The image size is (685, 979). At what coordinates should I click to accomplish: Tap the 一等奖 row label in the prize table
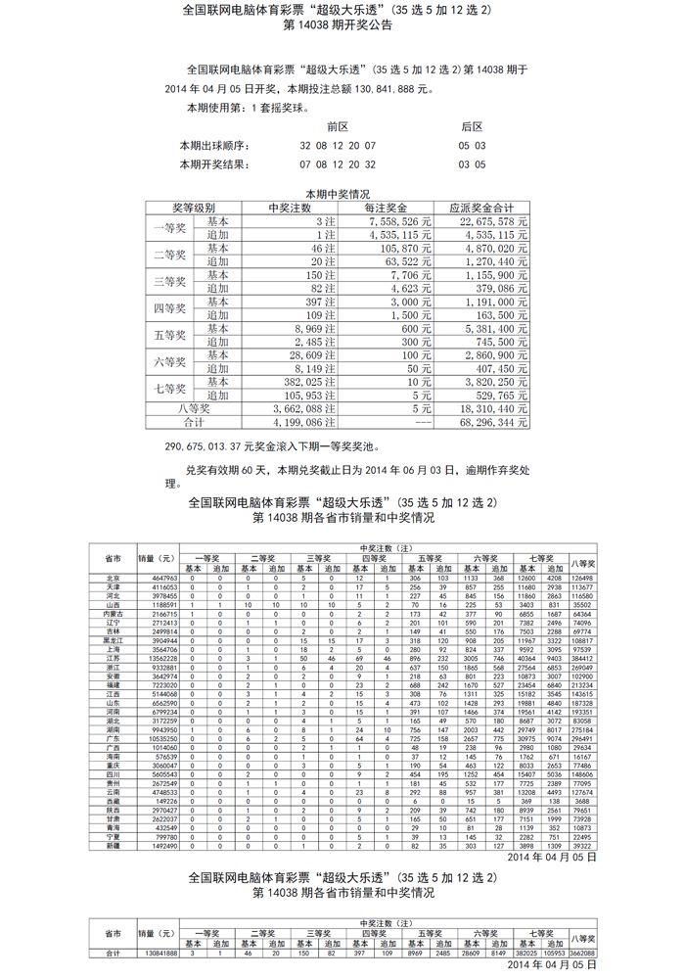click(170, 228)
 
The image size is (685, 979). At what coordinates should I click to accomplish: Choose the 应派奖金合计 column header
click(481, 209)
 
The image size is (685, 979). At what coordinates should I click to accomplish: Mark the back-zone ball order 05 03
click(472, 146)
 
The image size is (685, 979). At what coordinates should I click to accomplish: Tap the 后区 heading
click(472, 127)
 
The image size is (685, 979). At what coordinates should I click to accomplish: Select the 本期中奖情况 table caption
click(338, 194)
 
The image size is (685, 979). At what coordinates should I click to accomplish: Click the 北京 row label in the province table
click(113, 579)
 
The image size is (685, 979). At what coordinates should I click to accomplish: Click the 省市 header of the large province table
click(113, 558)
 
